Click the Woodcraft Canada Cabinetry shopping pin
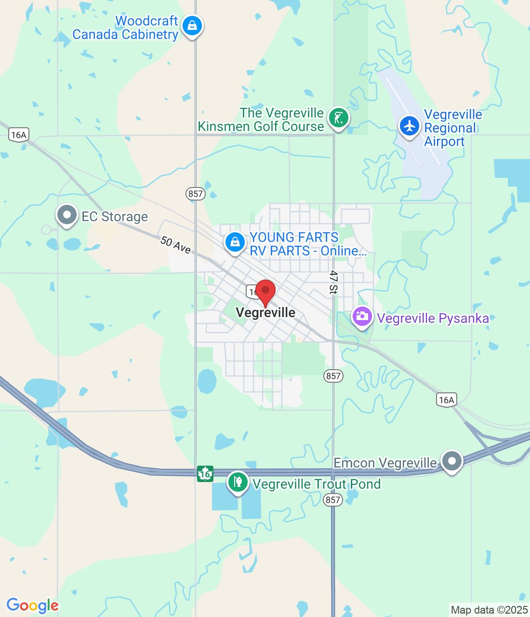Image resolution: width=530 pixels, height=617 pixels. click(x=192, y=26)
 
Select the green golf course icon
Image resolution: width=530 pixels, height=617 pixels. click(x=338, y=118)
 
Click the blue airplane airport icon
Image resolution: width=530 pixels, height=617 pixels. click(x=410, y=126)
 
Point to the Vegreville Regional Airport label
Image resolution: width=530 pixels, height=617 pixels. click(x=452, y=128)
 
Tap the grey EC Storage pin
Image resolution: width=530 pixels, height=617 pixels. click(x=67, y=215)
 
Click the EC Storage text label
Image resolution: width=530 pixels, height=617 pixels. click(x=115, y=217)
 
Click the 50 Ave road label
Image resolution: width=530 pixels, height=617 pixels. click(x=176, y=245)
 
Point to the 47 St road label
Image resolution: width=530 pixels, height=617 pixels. click(x=333, y=282)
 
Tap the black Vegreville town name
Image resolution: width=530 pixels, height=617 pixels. click(x=265, y=313)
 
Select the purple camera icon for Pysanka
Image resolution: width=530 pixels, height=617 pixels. click(x=362, y=317)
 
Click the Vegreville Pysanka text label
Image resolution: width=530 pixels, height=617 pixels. click(x=433, y=319)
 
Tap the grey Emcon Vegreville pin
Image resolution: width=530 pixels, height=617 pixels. click(x=452, y=461)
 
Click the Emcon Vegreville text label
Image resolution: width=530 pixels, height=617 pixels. click(x=385, y=463)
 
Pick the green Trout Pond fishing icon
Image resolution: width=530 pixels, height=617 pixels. click(x=238, y=482)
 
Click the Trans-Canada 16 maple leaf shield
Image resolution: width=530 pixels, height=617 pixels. click(x=205, y=474)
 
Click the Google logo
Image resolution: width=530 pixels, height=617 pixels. click(x=32, y=606)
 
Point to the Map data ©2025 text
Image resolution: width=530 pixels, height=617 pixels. click(x=489, y=610)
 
